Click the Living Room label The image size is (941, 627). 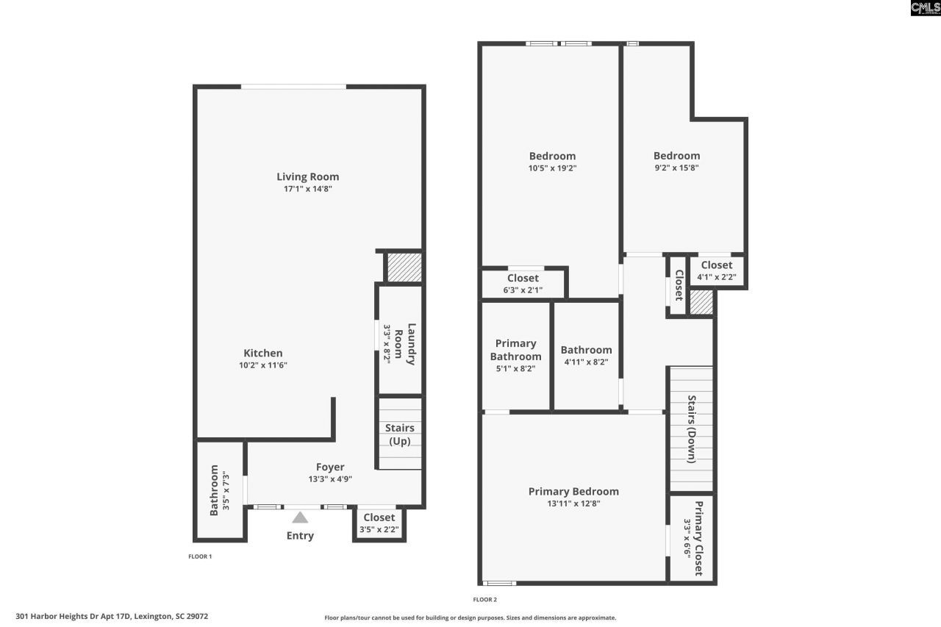(307, 176)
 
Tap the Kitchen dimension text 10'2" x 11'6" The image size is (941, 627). (263, 365)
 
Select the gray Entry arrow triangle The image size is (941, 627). (300, 517)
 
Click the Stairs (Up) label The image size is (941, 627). (400, 434)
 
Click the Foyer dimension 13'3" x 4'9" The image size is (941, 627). (330, 479)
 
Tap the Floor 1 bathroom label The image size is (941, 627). (214, 490)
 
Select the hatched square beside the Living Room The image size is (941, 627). (404, 267)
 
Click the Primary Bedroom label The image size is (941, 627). (573, 491)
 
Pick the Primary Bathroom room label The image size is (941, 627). (515, 350)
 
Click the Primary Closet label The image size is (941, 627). (698, 539)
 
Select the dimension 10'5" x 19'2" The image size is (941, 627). (552, 168)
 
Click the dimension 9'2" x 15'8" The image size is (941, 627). (676, 168)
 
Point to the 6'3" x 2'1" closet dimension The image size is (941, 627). (523, 290)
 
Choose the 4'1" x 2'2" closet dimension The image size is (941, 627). (716, 277)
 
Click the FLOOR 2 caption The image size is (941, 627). (484, 600)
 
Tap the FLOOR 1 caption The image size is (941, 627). (200, 556)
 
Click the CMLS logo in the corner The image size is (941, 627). (924, 8)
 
